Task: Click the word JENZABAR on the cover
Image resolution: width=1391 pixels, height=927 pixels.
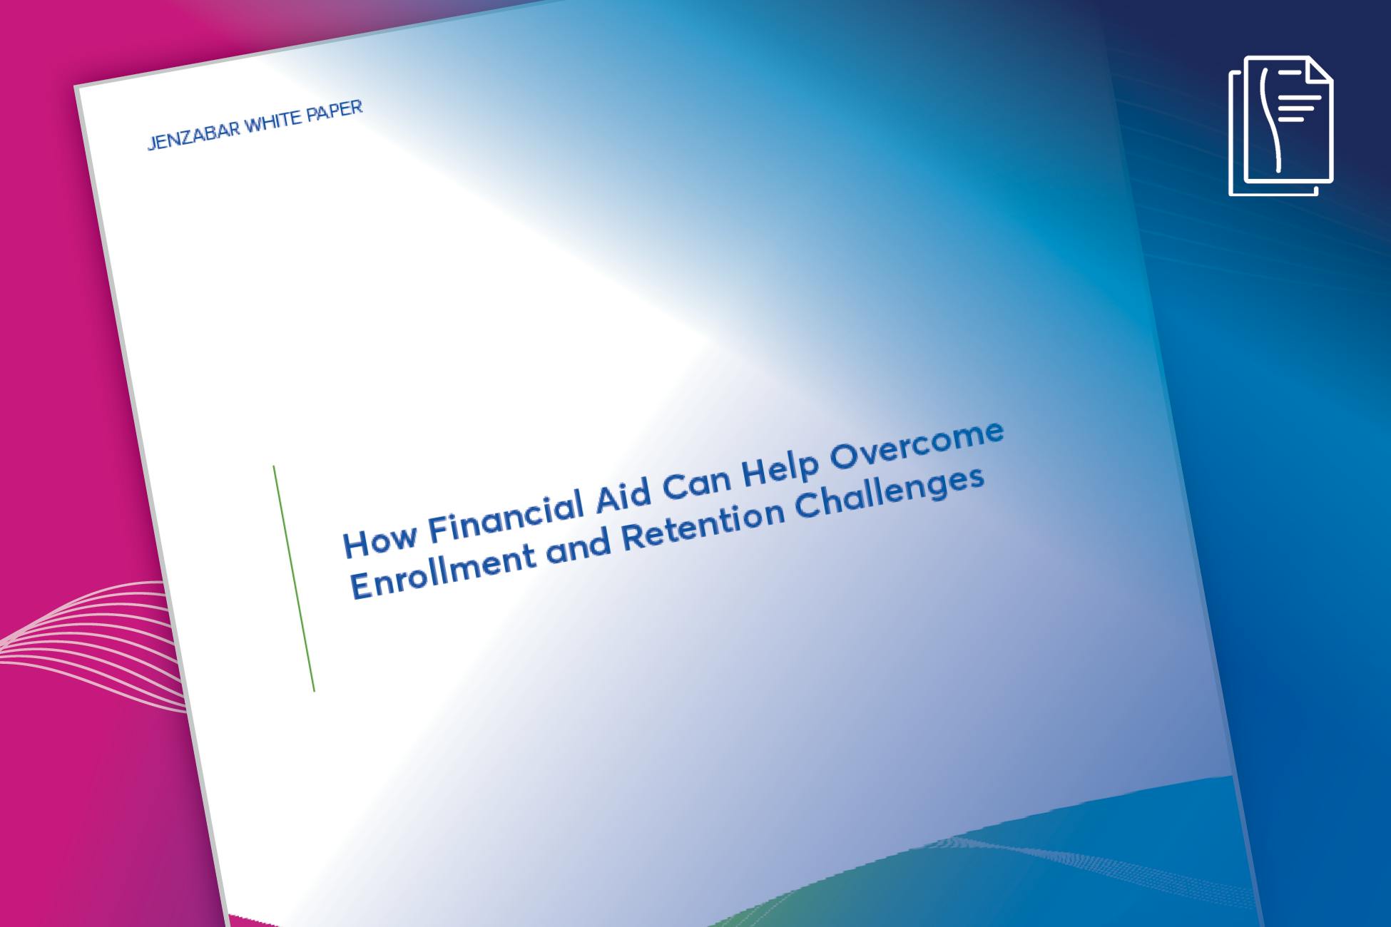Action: pyautogui.click(x=194, y=133)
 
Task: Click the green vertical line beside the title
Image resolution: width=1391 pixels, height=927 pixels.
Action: pyautogui.click(x=294, y=578)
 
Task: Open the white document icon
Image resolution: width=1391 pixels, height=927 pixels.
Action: pyautogui.click(x=1281, y=126)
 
